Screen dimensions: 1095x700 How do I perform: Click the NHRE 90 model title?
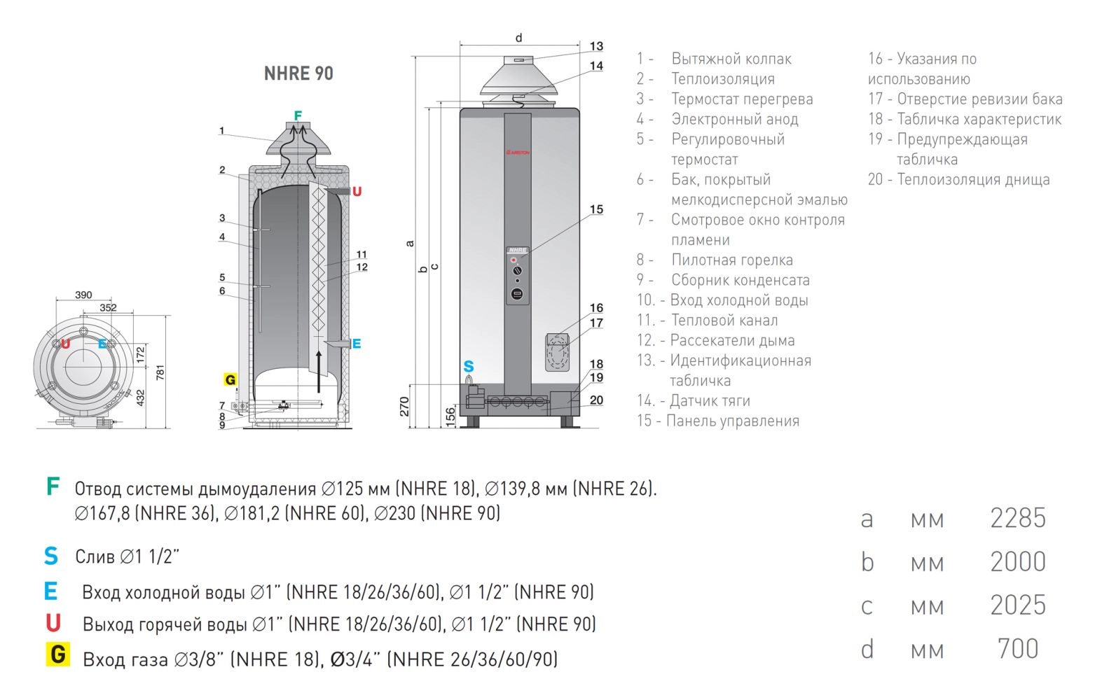point(298,73)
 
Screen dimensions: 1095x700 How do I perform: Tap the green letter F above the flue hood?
point(298,115)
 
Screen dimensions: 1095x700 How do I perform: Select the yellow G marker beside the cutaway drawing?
point(230,379)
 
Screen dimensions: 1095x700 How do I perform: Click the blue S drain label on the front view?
point(468,366)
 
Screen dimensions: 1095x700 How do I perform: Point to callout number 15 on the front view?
point(596,209)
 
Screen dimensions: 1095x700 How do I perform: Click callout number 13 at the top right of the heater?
point(596,46)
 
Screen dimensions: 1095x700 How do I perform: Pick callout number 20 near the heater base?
point(596,400)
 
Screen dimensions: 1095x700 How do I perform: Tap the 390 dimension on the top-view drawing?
point(83,295)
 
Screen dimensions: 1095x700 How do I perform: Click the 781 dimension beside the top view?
point(160,372)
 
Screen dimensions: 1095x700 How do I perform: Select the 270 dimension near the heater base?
point(404,407)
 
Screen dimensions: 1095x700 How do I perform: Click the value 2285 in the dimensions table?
point(1018,518)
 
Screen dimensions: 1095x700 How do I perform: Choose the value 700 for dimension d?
point(1018,649)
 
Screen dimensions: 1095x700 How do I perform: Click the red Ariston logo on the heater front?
point(518,153)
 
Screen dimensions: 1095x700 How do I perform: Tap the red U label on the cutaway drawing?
point(357,192)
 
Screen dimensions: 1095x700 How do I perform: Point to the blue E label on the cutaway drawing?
point(357,344)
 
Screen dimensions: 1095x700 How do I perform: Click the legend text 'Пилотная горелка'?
point(732,260)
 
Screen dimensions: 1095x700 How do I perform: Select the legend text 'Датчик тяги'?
point(710,400)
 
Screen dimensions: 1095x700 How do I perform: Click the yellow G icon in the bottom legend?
point(58,654)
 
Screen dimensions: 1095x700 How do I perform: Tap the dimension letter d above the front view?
point(519,37)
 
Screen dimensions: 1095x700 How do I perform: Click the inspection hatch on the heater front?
point(557,351)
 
